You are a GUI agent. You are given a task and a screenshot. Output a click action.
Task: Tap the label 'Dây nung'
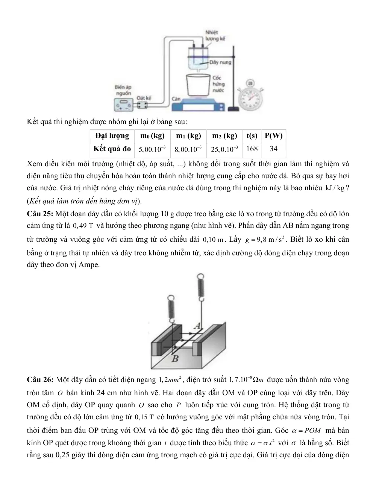(x=220, y=62)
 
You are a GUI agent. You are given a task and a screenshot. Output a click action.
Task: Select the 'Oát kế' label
(x=144, y=98)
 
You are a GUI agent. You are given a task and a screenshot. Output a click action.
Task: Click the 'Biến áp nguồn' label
(x=123, y=90)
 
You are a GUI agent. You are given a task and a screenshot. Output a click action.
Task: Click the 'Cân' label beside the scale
(x=176, y=99)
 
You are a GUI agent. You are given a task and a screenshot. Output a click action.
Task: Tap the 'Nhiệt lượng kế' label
(x=215, y=36)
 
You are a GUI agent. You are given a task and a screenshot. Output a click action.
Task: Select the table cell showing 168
(x=252, y=149)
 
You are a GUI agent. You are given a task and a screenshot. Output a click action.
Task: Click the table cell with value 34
(x=273, y=149)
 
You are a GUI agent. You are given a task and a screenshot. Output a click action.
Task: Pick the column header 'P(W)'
(x=273, y=136)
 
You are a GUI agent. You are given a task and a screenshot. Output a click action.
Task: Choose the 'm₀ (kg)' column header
(x=152, y=136)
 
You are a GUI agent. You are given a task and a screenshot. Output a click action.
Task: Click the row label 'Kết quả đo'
(x=112, y=149)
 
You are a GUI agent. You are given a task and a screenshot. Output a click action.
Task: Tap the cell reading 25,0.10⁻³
(x=224, y=149)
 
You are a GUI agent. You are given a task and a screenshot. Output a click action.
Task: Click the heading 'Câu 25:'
(x=40, y=214)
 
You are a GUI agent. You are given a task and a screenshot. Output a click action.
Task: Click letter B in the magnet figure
(x=175, y=359)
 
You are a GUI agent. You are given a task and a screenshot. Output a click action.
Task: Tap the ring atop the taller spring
(x=200, y=276)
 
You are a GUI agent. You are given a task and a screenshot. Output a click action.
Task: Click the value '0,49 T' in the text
(x=83, y=226)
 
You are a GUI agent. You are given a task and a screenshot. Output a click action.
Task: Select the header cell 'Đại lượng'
(x=112, y=136)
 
